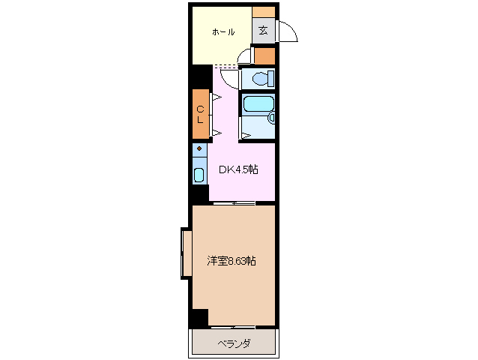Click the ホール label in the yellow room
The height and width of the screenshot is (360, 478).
(x=223, y=32)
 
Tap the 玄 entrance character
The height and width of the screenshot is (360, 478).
(x=263, y=31)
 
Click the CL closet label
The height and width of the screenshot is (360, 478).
(x=200, y=114)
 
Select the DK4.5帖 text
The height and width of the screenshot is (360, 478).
(x=238, y=170)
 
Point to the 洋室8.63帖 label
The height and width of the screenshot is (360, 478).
(x=232, y=261)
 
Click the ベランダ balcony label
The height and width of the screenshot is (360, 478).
(x=234, y=343)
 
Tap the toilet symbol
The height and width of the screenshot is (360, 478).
(x=259, y=78)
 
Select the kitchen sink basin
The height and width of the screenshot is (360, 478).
(x=199, y=175)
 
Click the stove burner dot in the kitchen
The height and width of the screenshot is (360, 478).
(x=199, y=149)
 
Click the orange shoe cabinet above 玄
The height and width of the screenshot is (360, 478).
(x=263, y=12)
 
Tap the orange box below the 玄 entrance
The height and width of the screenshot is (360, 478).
(x=264, y=55)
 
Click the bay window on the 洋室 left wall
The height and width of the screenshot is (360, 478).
(x=184, y=252)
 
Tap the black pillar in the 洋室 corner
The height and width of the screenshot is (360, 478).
(x=199, y=318)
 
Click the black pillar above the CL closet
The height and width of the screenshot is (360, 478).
(x=200, y=76)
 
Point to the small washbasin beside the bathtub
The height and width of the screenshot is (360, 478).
(x=271, y=118)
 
